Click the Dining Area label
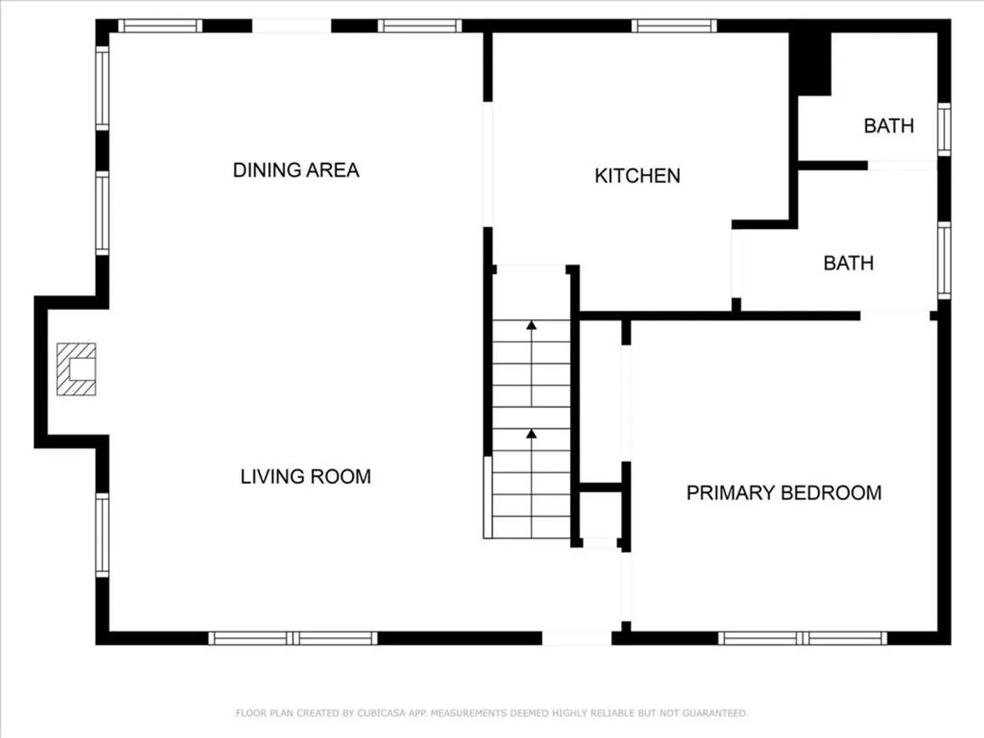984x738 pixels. (x=296, y=170)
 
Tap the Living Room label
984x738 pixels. (x=305, y=476)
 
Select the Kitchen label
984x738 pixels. (x=638, y=176)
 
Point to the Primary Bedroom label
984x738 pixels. (x=784, y=493)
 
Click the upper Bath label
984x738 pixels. (x=889, y=126)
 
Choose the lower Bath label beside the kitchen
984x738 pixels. (x=849, y=263)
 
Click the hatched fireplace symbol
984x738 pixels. (x=77, y=369)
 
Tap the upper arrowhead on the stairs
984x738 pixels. (x=531, y=325)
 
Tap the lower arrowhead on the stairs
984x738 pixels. (x=531, y=433)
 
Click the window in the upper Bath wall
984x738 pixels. (x=944, y=130)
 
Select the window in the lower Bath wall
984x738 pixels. (x=944, y=260)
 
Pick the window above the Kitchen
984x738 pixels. (x=674, y=26)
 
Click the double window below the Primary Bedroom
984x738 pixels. (x=802, y=638)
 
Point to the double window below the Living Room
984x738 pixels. (x=292, y=638)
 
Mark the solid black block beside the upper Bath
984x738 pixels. (x=810, y=64)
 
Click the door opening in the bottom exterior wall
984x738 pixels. (x=577, y=638)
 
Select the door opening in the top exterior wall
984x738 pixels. (x=292, y=26)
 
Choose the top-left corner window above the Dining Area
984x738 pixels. (x=160, y=26)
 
